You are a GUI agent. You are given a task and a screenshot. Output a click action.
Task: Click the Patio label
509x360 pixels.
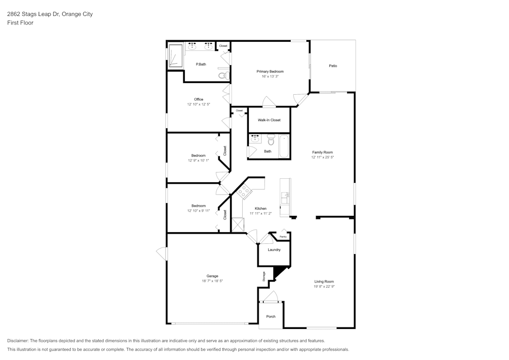pos(333,66)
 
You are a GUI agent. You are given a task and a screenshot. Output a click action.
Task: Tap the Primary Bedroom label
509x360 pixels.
pos(270,71)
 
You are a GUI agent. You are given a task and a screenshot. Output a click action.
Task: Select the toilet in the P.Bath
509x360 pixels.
pos(222,75)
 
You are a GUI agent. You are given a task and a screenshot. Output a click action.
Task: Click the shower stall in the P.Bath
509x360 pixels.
pos(176,55)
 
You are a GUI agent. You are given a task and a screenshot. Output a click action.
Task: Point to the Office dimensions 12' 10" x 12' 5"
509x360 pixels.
pos(199,104)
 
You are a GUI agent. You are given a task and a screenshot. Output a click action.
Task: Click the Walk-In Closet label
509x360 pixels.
pos(269,120)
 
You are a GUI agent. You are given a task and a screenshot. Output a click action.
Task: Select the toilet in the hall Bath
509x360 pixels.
pos(271,139)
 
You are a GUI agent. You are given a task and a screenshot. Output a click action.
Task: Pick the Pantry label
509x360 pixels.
pos(283,237)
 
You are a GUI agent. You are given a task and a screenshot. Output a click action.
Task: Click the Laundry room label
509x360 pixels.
pos(274,250)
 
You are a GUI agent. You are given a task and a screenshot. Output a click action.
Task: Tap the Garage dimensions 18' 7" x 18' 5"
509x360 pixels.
pos(212,281)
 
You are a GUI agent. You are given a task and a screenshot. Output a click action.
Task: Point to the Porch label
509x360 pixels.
pos(271,317)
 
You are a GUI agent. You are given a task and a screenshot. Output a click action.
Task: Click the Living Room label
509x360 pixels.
pos(324,281)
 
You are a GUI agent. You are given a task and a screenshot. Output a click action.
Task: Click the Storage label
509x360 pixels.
pos(264,276)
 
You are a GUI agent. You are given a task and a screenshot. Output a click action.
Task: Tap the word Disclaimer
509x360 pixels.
pos(18,341)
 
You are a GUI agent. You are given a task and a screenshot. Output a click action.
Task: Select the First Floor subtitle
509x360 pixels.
pos(20,23)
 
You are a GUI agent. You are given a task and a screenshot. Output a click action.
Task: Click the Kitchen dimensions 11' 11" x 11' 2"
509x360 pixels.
pos(261,214)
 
